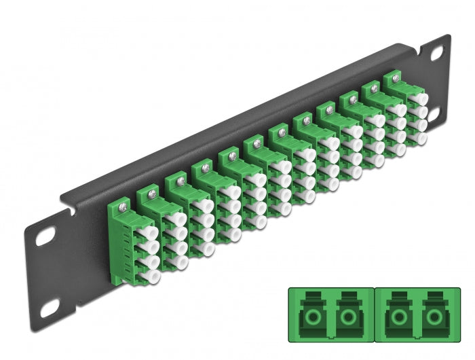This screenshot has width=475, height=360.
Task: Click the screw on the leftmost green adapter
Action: (x=122, y=202)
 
